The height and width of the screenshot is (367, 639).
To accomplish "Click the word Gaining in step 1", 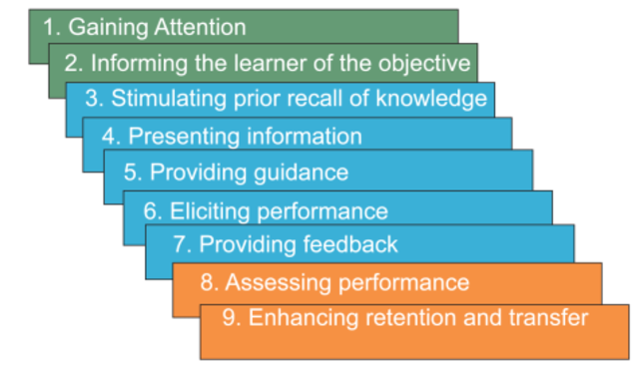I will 106,26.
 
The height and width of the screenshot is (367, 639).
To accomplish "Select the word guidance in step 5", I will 300,173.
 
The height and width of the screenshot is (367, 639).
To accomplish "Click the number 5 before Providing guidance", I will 130,173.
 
